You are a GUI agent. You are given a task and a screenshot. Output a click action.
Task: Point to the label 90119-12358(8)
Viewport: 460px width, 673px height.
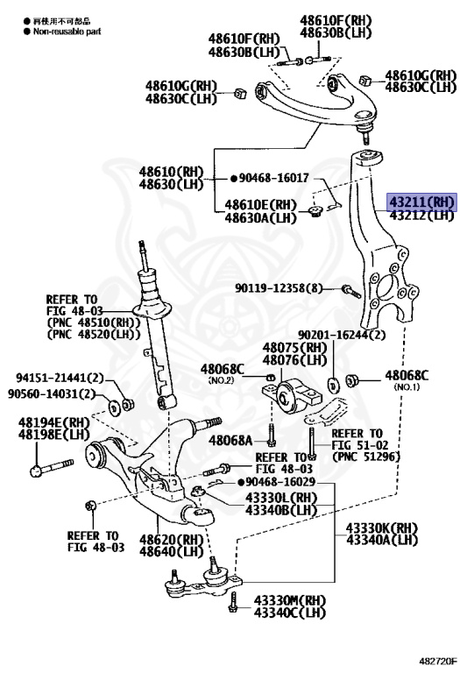(x=279, y=288)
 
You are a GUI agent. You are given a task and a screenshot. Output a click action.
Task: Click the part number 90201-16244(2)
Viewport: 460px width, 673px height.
(x=342, y=335)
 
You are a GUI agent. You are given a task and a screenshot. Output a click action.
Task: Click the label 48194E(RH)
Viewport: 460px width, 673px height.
(x=54, y=422)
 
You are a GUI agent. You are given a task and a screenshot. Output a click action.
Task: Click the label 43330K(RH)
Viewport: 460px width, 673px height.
(x=381, y=528)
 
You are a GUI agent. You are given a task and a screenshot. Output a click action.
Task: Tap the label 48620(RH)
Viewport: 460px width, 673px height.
(x=167, y=540)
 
